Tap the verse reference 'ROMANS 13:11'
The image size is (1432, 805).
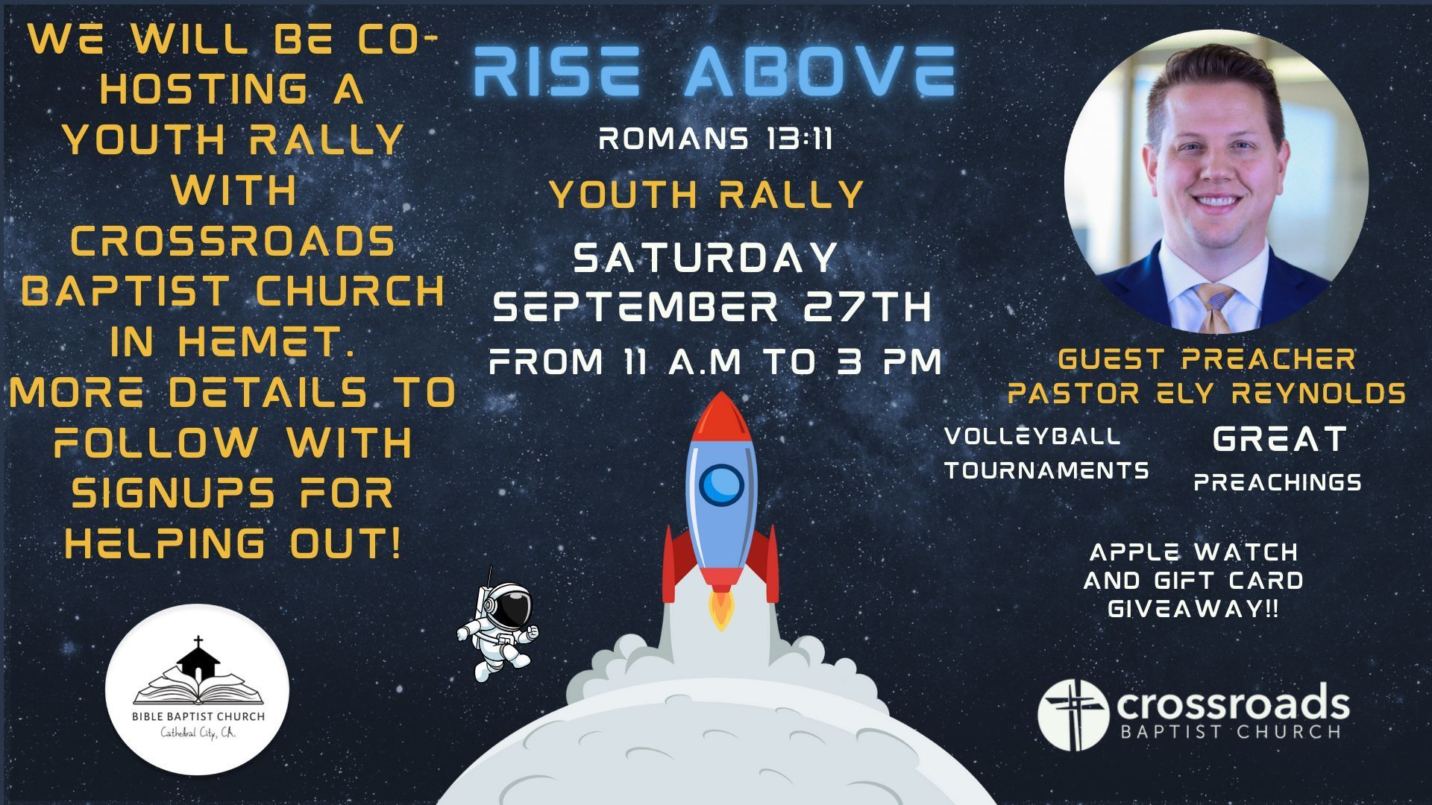[715, 139]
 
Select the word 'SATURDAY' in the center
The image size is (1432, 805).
[706, 258]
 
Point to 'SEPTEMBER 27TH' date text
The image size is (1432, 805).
[714, 307]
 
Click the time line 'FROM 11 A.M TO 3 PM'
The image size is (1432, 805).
[715, 362]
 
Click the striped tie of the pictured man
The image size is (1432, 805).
[1214, 306]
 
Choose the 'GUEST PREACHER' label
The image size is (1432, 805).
[1206, 359]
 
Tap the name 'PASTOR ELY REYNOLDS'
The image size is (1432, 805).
[1206, 393]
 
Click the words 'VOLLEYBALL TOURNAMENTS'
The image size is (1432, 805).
[1046, 453]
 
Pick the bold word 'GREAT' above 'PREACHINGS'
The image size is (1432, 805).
[1280, 439]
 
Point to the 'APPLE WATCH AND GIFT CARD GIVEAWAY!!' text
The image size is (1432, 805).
[1193, 581]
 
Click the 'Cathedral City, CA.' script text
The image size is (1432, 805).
[198, 733]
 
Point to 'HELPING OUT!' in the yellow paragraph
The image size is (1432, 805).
[233, 543]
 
